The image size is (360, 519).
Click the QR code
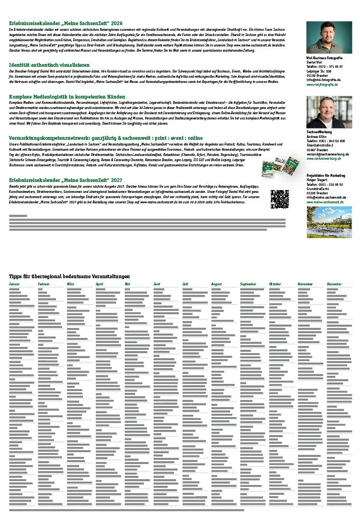[279, 199]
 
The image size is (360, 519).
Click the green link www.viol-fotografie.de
[322, 84]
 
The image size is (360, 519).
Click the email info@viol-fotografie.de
[323, 80]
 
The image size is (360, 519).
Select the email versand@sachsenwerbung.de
[328, 154]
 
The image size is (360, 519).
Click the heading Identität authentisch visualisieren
[49, 64]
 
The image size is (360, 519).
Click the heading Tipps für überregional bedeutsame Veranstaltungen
[69, 276]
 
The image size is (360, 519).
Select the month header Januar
[14, 284]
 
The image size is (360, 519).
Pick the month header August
[216, 284]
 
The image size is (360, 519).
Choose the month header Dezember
[334, 284]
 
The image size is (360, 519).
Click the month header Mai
[127, 284]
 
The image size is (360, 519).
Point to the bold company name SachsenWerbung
[319, 132]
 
